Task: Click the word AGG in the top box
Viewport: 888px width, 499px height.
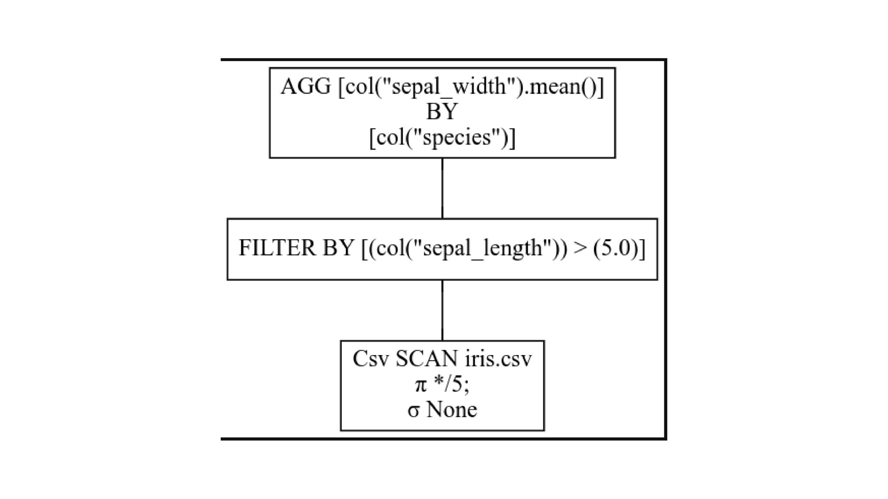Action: [306, 86]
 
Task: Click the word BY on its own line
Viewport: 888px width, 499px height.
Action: [442, 112]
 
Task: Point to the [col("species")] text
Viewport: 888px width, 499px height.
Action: [442, 137]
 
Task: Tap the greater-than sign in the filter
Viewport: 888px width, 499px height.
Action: [578, 248]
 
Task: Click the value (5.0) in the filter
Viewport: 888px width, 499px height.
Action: [615, 248]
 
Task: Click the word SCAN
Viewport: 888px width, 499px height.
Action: [426, 359]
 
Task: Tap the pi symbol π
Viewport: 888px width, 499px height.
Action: [420, 385]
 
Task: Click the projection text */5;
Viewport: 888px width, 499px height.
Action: [451, 385]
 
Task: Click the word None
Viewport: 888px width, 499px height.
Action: [452, 410]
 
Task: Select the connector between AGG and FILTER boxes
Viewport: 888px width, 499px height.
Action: [442, 188]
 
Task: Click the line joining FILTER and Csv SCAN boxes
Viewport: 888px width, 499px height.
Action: [442, 310]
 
